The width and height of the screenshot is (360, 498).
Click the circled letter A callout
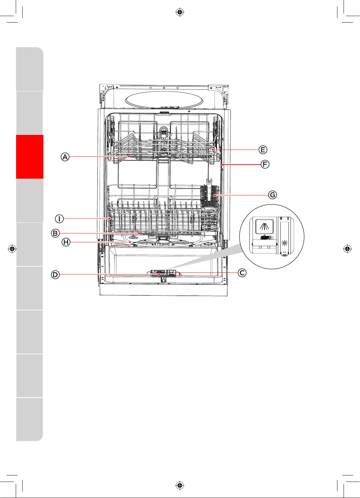[65, 157]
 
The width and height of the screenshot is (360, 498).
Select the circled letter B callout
[55, 233]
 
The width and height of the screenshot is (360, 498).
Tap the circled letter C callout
[242, 272]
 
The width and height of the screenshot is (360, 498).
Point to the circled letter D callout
[55, 274]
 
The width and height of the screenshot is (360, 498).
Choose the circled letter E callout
[263, 150]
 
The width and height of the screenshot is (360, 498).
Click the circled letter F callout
[265, 165]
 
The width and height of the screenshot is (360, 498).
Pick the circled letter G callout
[273, 195]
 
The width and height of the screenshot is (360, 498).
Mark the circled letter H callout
[66, 242]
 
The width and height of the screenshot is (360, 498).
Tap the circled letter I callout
[59, 219]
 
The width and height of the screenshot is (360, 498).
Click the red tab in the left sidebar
[29, 157]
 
